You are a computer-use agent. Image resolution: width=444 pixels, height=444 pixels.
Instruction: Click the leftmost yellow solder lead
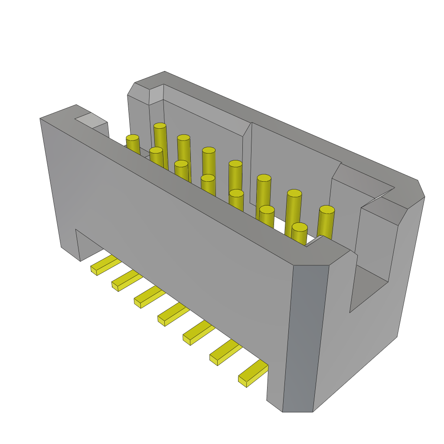pos(104,265)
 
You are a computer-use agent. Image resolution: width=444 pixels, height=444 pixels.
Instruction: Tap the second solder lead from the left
pos(126,281)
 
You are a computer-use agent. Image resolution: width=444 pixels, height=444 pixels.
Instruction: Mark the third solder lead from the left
pos(149,297)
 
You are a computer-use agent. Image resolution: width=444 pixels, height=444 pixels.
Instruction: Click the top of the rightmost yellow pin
pos(327,210)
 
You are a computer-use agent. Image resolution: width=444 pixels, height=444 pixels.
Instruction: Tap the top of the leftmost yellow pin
pos(133,138)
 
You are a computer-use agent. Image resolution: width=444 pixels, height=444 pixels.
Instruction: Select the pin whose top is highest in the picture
pos(160,126)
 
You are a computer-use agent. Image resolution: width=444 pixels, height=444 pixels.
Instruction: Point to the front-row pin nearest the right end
pos(300,227)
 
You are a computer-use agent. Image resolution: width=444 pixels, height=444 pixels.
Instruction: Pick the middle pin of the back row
pos(235,164)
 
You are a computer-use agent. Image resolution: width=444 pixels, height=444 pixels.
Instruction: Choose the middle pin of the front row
pos(208,178)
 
